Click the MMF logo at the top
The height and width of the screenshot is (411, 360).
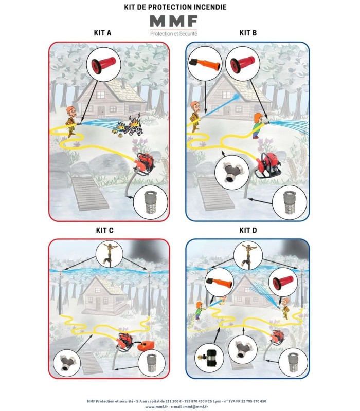(x=173, y=25)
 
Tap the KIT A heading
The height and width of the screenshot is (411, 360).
(x=102, y=33)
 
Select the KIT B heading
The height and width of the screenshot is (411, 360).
(x=248, y=33)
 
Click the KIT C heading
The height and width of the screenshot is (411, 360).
(x=105, y=230)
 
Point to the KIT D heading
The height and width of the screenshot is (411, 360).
(x=248, y=230)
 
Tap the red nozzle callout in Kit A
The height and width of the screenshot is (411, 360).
(x=104, y=65)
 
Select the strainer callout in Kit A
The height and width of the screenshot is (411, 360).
(x=151, y=202)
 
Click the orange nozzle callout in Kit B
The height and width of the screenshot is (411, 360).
(x=205, y=64)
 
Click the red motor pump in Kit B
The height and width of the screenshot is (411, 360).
(x=268, y=165)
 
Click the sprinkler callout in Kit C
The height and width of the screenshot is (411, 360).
(x=110, y=254)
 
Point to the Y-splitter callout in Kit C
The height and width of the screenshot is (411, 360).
(x=67, y=363)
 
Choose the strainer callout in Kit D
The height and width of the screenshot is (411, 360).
(x=293, y=363)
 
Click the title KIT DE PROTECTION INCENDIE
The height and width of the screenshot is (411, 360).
(x=175, y=7)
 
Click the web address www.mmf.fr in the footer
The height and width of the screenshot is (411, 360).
(x=156, y=406)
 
